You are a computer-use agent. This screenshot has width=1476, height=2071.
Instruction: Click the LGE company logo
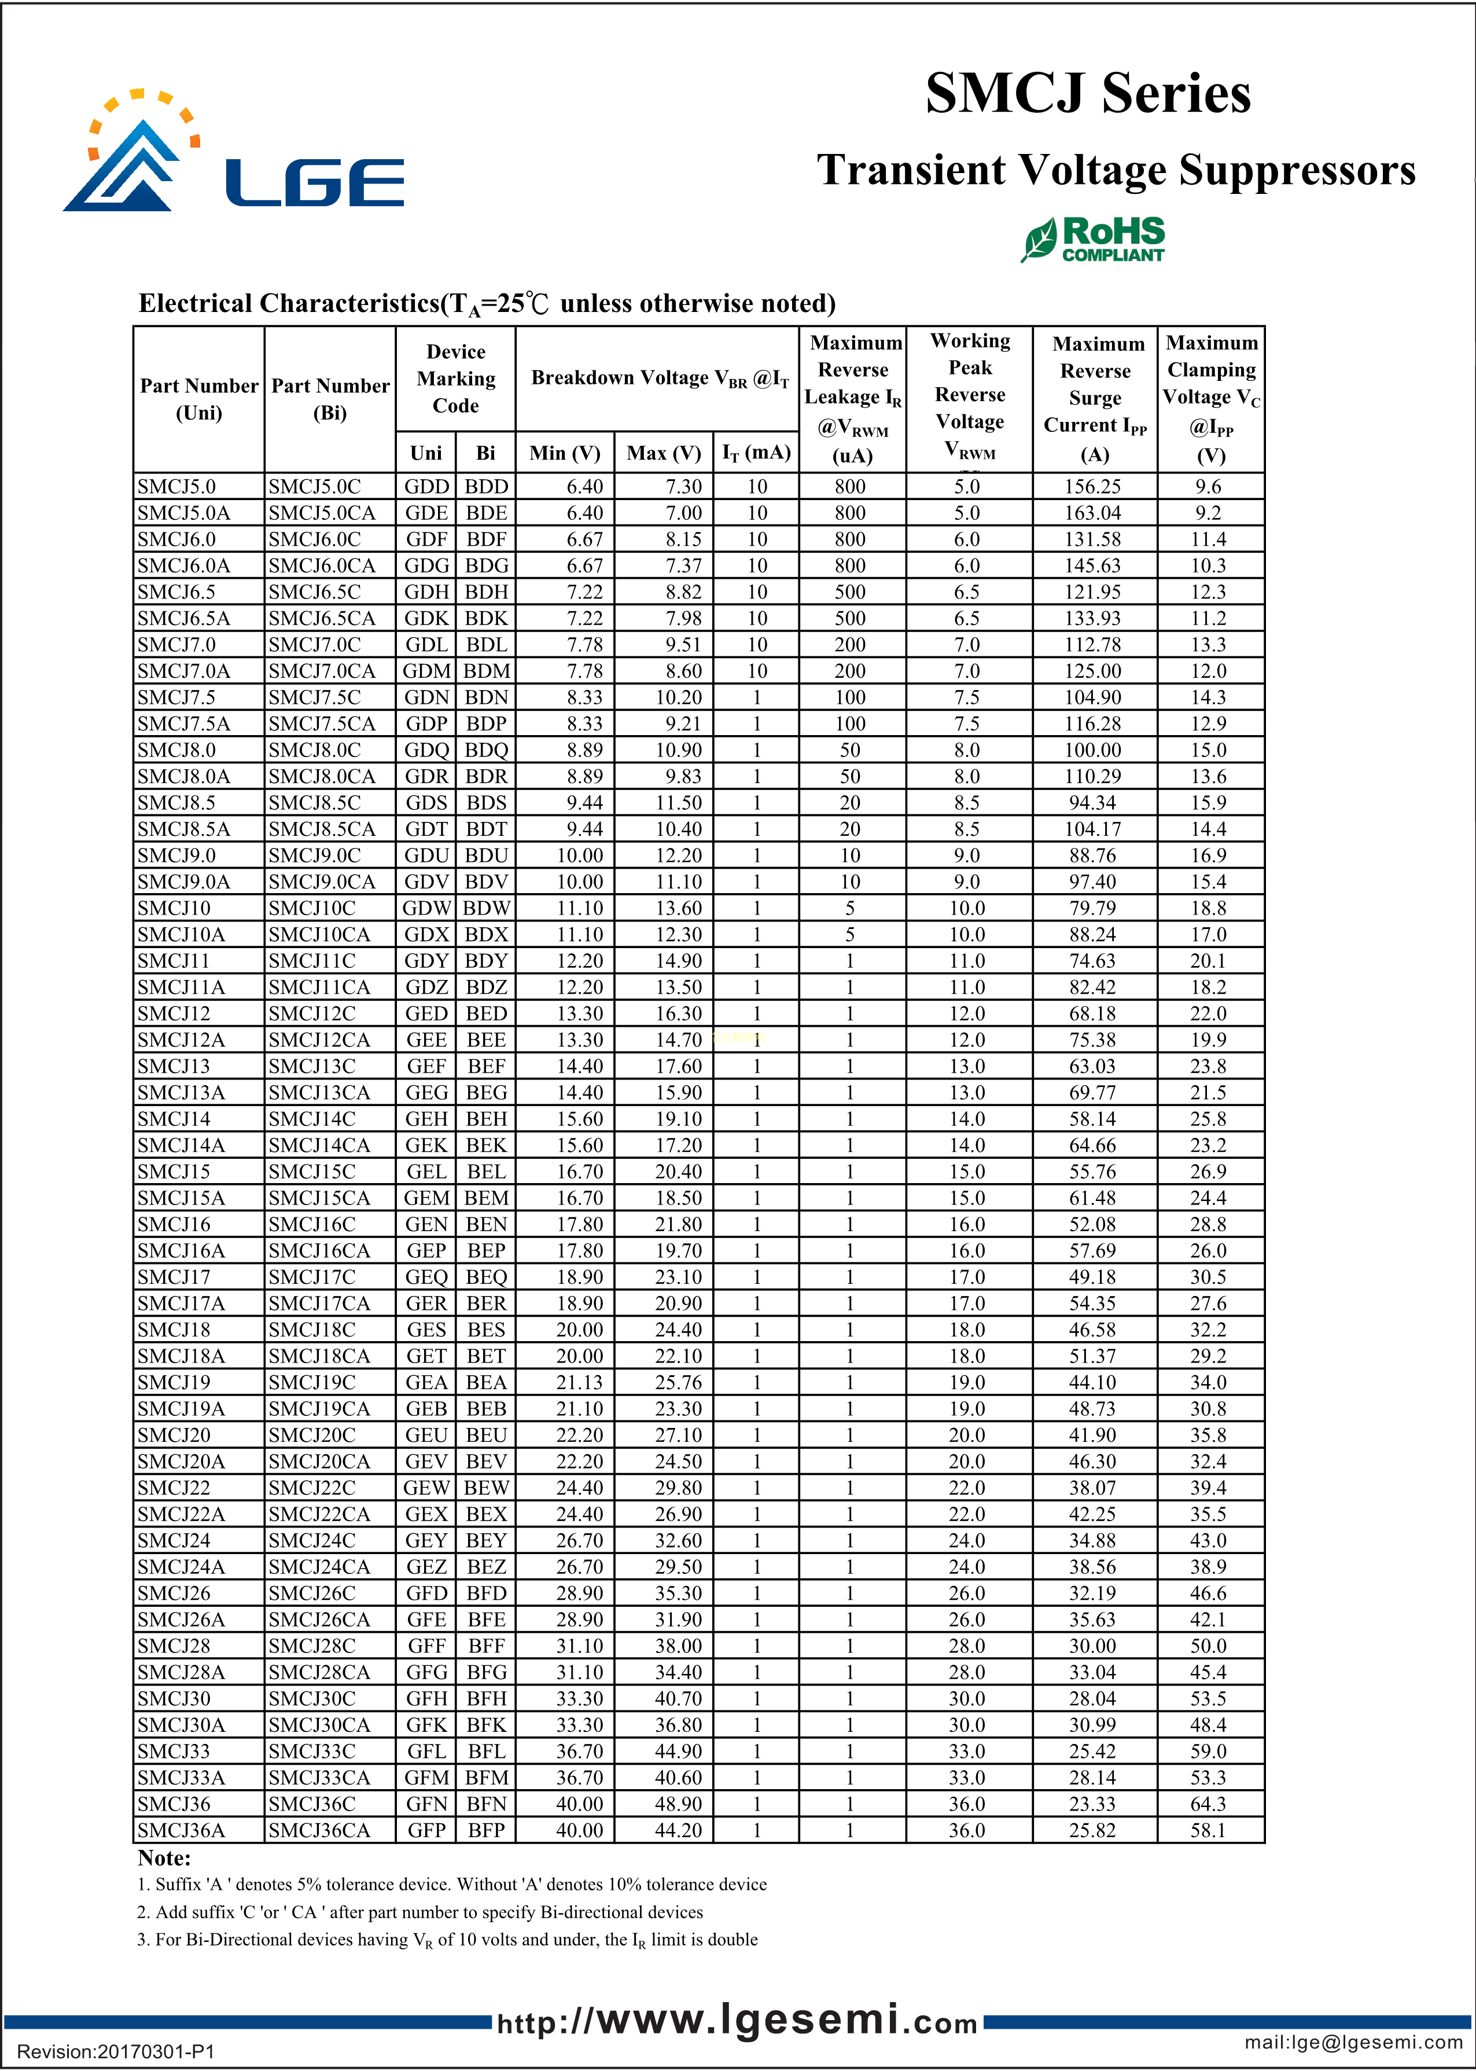234,152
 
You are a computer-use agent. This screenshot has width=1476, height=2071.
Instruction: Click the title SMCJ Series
1087,94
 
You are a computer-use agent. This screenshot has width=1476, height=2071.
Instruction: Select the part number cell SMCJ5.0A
185,513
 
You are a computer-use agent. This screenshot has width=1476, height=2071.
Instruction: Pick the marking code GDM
426,671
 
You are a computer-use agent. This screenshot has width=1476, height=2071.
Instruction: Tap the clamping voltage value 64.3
1208,1804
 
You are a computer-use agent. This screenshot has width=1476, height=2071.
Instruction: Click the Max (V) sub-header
664,453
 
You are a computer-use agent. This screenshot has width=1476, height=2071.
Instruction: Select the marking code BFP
486,1830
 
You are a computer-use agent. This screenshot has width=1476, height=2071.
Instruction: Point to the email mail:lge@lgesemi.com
1353,2042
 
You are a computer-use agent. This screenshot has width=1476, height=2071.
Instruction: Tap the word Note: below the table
164,1857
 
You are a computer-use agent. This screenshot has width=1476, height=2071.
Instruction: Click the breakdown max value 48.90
678,1804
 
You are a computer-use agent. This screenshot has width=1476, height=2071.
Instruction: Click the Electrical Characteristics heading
486,303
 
